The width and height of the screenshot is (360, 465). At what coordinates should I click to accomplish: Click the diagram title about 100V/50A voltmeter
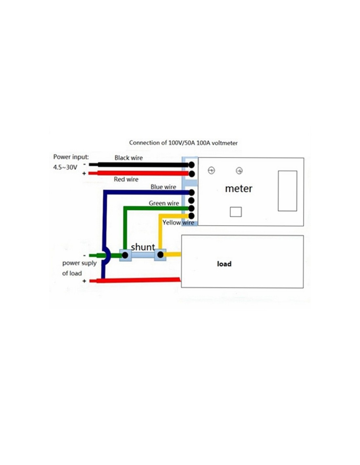click(183, 143)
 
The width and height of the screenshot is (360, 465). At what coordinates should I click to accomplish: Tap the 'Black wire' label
click(129, 158)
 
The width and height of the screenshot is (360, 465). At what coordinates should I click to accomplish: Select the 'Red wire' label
click(126, 179)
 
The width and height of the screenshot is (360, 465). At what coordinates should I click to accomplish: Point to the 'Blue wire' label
click(163, 187)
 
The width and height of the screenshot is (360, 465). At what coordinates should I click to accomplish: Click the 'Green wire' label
click(164, 203)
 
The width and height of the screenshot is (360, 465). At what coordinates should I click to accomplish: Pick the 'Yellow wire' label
click(178, 223)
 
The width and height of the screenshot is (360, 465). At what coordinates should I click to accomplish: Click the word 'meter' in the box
click(239, 189)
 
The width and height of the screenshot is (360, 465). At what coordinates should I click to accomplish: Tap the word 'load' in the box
click(224, 264)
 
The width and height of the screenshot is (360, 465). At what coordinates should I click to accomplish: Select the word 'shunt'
click(143, 247)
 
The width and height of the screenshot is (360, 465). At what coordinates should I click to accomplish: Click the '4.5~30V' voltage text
click(65, 167)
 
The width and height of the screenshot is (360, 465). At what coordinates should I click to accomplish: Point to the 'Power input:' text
click(71, 157)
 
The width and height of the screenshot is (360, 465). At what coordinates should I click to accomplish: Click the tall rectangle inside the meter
click(287, 191)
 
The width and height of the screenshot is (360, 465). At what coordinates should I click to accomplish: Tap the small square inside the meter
click(236, 212)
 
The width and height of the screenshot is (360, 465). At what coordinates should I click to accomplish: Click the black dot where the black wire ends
click(191, 165)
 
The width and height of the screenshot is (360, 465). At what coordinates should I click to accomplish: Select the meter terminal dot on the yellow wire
click(191, 215)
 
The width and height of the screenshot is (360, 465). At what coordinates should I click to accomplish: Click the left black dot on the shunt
click(125, 255)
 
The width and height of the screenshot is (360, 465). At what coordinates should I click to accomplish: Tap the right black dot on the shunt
click(160, 255)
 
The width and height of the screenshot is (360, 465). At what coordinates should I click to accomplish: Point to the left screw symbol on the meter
click(211, 171)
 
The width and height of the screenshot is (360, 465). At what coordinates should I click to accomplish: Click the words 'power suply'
click(80, 263)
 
